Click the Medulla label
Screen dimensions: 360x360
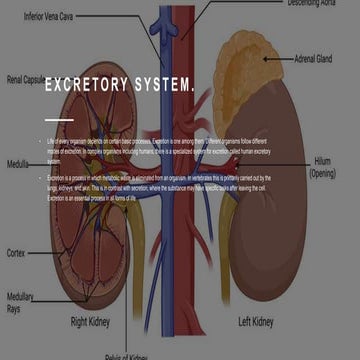(x=17, y=163)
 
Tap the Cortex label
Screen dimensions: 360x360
(x=15, y=253)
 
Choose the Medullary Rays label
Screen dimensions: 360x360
(x=21, y=303)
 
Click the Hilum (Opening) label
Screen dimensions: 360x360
(x=322, y=166)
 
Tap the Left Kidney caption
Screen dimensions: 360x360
(x=255, y=322)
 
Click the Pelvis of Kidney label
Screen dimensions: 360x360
(x=127, y=356)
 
